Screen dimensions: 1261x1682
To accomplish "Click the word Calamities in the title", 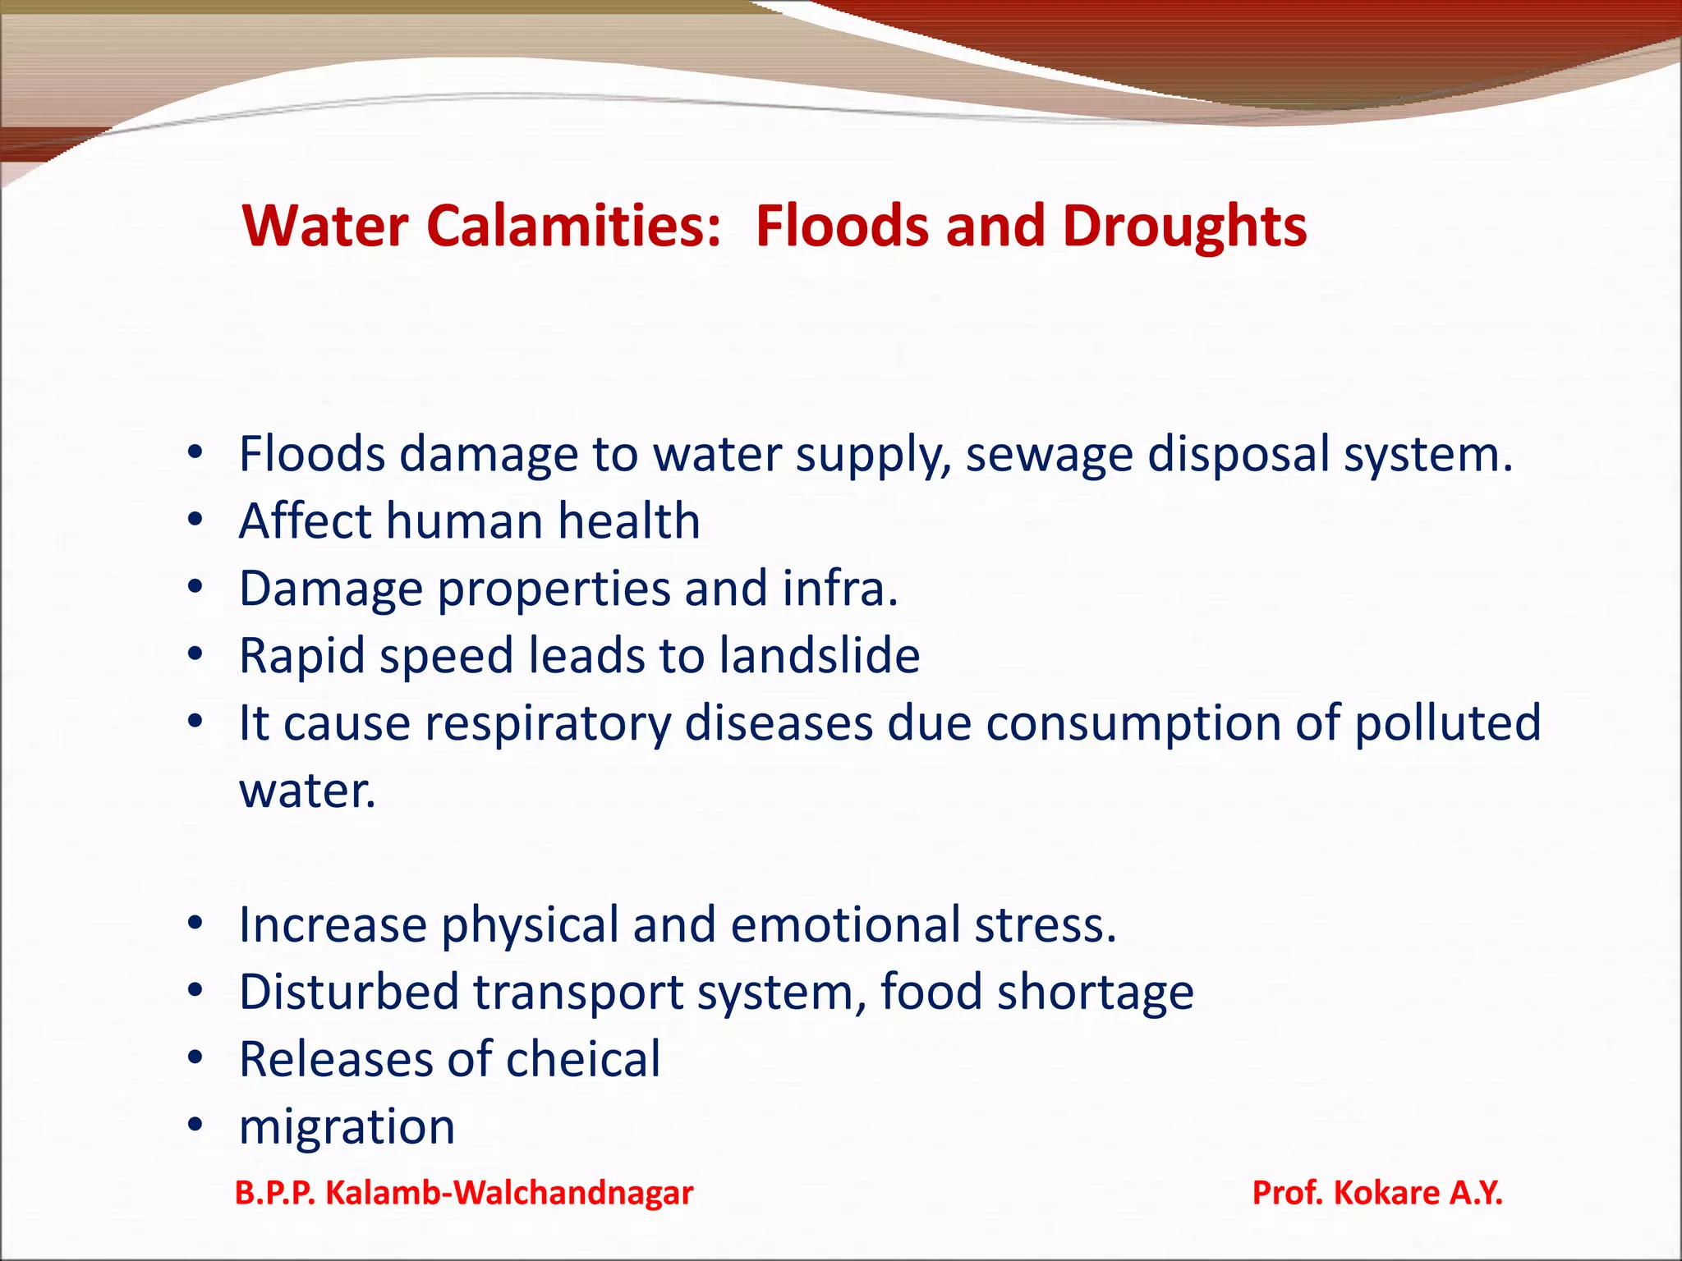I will click(573, 226).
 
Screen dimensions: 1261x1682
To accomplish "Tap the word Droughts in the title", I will click(1183, 226).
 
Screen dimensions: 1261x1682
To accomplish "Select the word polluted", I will click(1447, 723).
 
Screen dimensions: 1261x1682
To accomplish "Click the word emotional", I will click(845, 925).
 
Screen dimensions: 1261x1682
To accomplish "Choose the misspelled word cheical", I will click(582, 1059).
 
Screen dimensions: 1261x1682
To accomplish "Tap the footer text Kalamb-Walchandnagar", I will click(509, 1193).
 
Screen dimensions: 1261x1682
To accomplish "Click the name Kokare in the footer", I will click(1386, 1193).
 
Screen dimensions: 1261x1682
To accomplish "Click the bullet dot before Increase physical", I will click(195, 924).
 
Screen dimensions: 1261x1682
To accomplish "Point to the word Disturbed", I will click(348, 992).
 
